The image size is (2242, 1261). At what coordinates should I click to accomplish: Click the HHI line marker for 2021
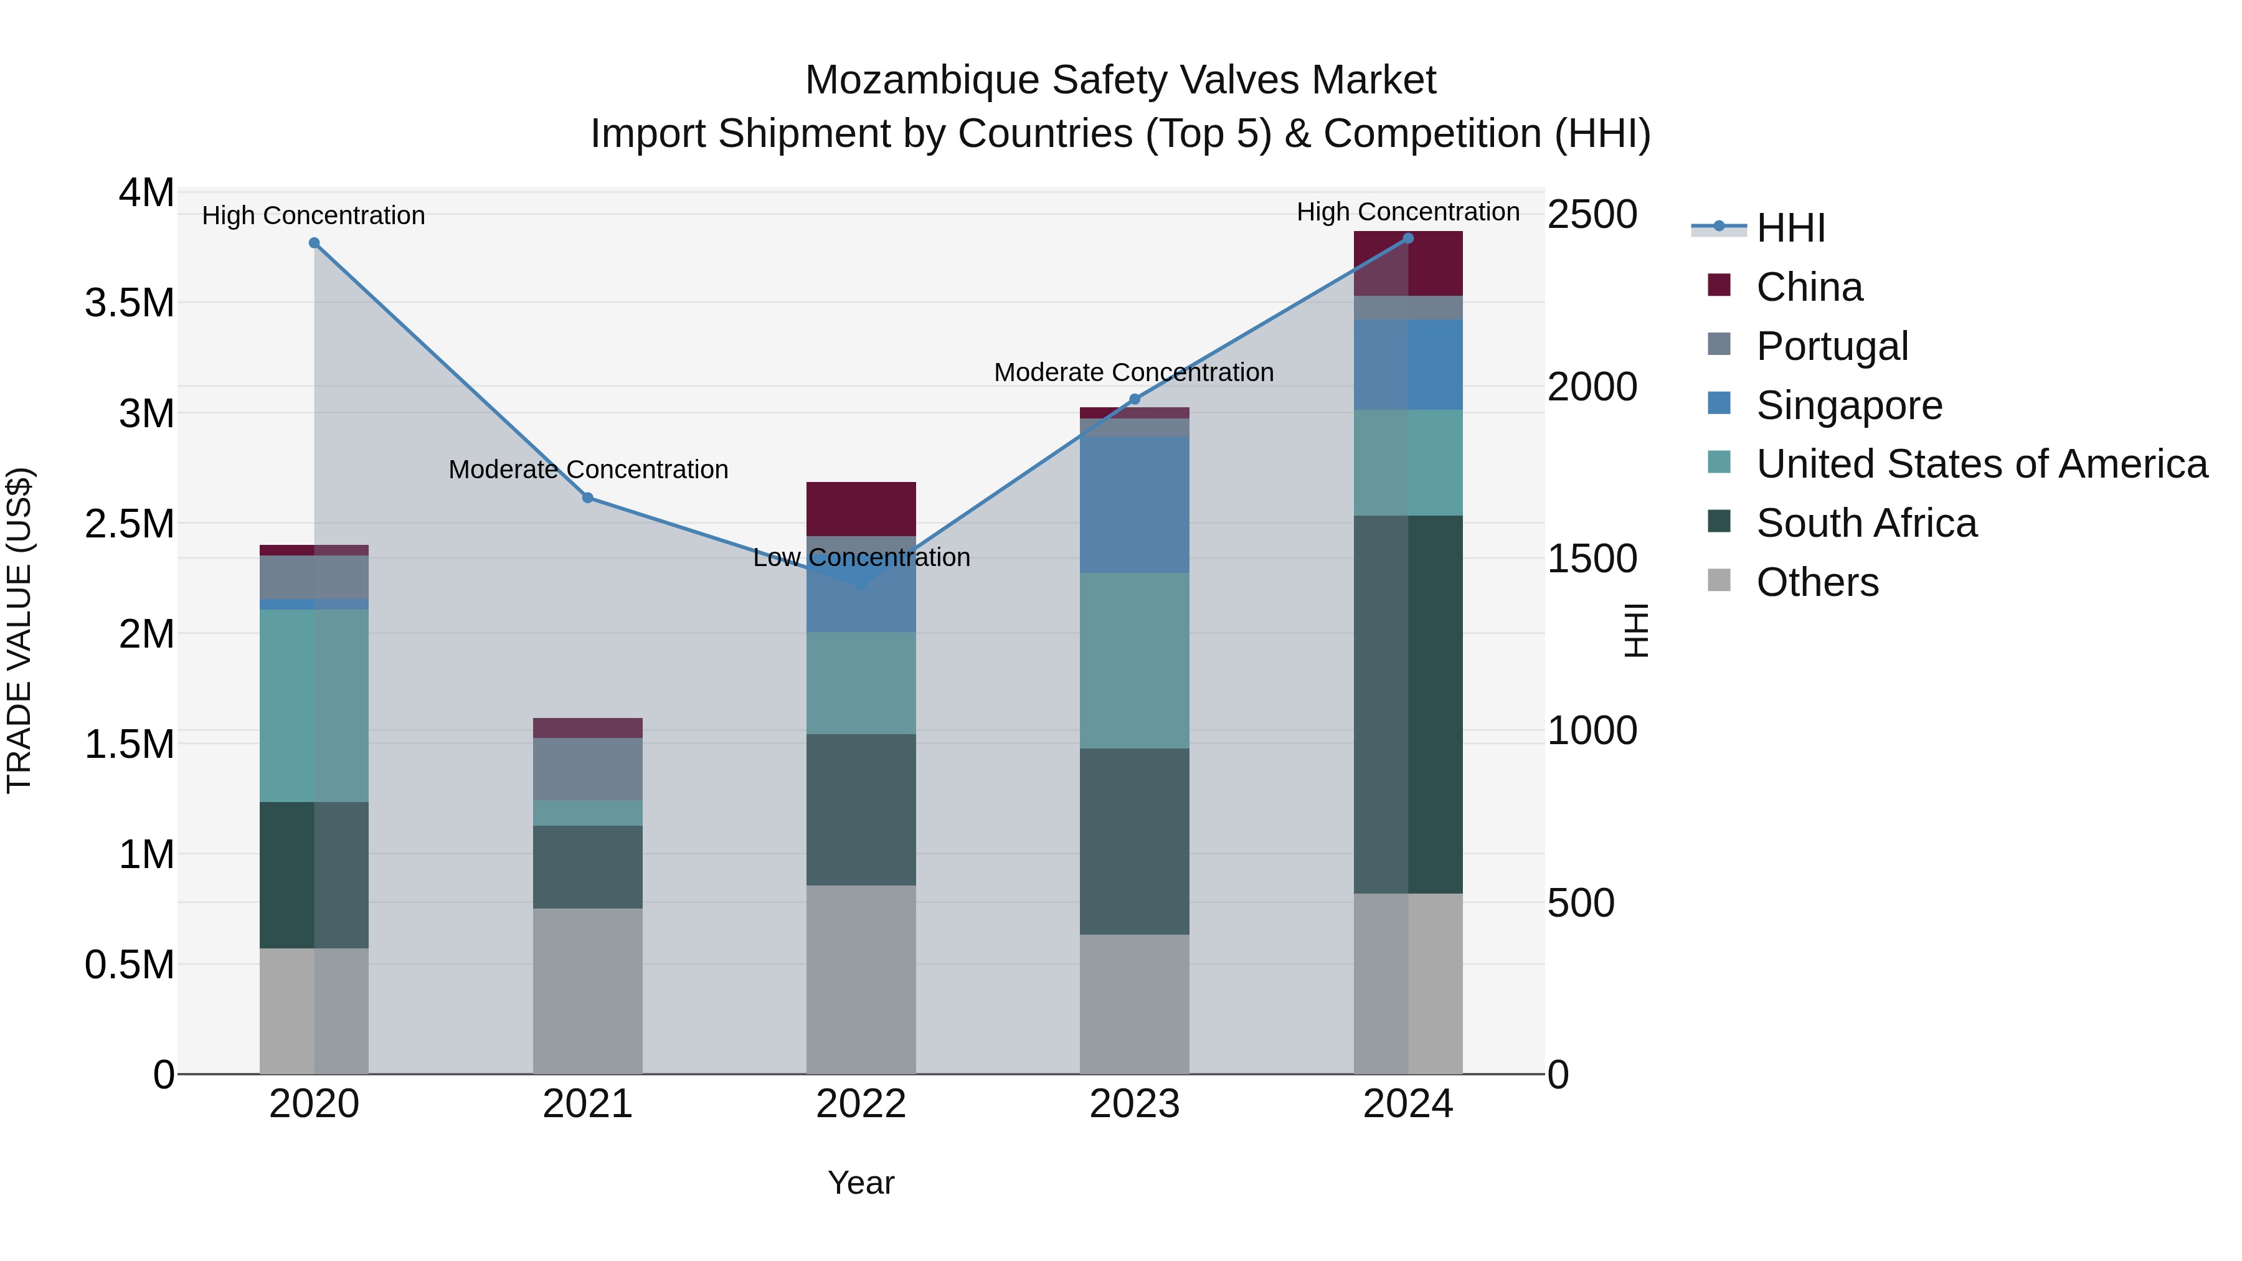[587, 498]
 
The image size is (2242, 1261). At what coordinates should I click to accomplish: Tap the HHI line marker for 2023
[1134, 399]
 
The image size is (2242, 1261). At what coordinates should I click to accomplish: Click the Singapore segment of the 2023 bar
[1134, 505]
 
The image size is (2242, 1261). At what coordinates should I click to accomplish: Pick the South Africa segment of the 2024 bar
[1408, 705]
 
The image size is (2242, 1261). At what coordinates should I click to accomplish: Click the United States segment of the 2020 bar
[315, 705]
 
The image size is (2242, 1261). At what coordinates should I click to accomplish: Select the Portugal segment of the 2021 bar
[587, 768]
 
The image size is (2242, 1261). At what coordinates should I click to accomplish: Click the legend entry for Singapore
[1848, 405]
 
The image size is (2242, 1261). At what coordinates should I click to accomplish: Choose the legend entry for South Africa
[1866, 524]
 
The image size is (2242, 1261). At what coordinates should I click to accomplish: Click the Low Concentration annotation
[861, 558]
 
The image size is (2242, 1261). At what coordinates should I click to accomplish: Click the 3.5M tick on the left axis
[130, 303]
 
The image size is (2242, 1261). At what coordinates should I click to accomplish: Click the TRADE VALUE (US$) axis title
[19, 630]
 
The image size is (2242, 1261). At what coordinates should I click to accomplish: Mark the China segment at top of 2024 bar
[1408, 263]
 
